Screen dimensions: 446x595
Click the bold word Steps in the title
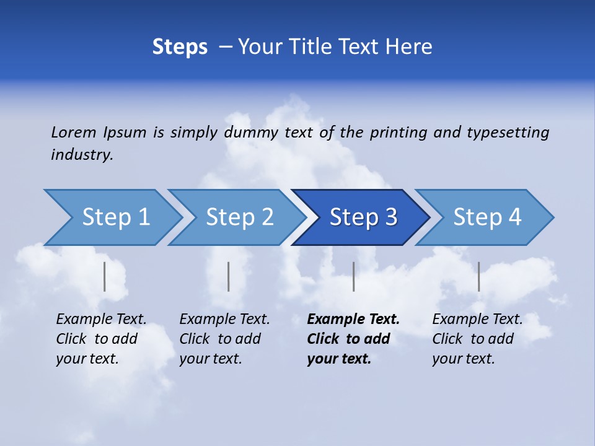click(180, 47)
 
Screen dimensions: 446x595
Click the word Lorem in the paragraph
click(73, 132)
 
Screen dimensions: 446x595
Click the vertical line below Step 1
click(105, 276)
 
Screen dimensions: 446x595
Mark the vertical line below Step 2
click(229, 276)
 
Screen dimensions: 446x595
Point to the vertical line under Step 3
click(353, 276)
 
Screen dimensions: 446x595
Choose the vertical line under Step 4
click(478, 276)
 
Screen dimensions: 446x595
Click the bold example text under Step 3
click(353, 339)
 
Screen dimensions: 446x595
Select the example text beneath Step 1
click(101, 339)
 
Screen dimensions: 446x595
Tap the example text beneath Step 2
click(224, 339)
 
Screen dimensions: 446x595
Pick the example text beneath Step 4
click(477, 339)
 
